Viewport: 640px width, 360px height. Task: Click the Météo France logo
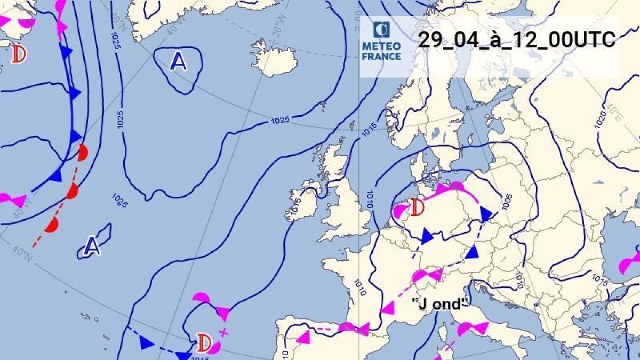coord(381,41)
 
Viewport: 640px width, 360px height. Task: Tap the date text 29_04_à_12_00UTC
coord(516,41)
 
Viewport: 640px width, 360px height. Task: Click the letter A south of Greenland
coord(178,62)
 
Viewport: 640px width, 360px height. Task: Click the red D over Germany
coord(418,207)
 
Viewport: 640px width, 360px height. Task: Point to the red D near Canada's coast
coord(20,54)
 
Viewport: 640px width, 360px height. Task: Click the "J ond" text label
coord(439,303)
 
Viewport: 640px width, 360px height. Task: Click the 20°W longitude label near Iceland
coord(277,31)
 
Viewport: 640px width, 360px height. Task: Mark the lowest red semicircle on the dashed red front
coord(52,225)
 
